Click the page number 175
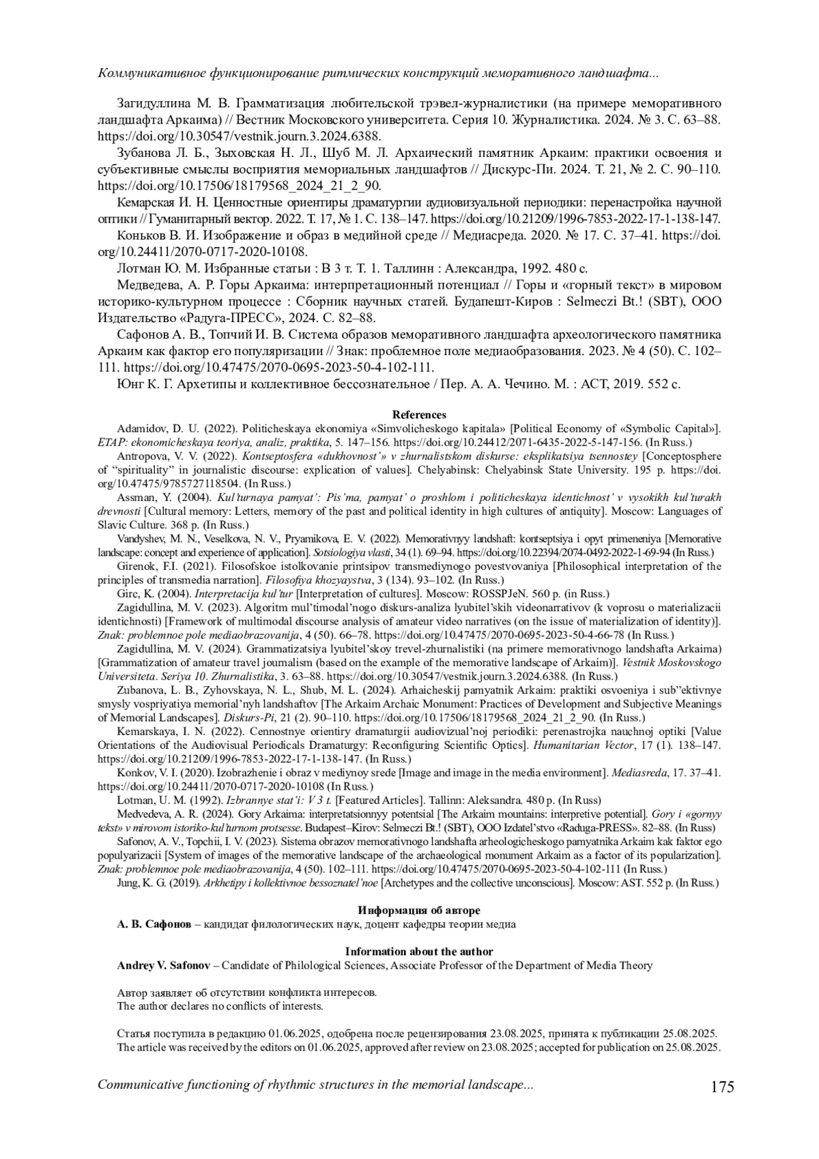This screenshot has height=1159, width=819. [x=721, y=1086]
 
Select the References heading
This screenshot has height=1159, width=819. [x=419, y=414]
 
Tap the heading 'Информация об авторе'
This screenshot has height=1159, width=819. [x=418, y=911]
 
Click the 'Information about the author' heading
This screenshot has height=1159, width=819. [x=418, y=951]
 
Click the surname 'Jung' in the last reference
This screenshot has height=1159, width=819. [x=128, y=883]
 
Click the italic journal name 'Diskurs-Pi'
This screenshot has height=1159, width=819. [x=246, y=718]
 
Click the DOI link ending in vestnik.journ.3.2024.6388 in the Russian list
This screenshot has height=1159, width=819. [x=240, y=137]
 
